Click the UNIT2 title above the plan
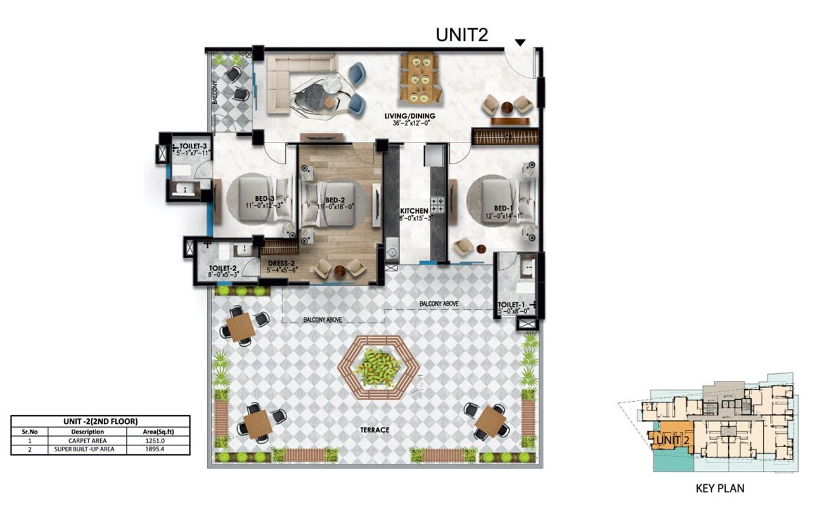point(461,35)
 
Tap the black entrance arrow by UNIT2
point(520,42)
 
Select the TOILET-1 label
point(515,305)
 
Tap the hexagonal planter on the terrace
point(378,367)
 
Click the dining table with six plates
point(419,78)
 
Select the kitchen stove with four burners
point(438,205)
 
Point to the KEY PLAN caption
point(719,489)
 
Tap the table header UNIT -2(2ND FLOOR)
point(100,421)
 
